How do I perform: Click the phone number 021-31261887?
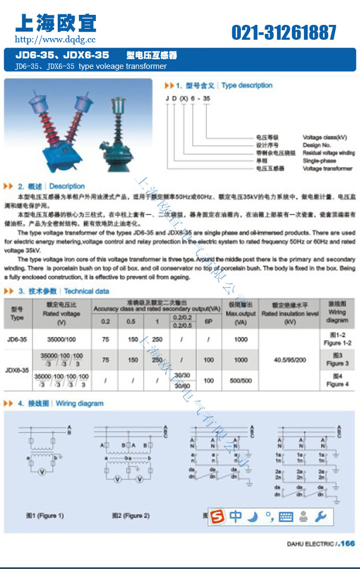[284, 33]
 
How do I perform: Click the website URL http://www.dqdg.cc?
[55, 39]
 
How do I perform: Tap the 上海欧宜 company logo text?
[56, 23]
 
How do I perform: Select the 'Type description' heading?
[247, 85]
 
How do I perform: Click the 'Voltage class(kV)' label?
[325, 137]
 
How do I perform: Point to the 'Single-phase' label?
[319, 160]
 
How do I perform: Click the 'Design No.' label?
[317, 145]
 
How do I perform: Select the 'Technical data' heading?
[86, 291]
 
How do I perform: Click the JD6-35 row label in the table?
[17, 339]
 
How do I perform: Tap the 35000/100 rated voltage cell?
[61, 339]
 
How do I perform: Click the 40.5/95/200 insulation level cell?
[290, 360]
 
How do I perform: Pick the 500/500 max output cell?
[240, 380]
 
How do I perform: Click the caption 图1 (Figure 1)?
[45, 515]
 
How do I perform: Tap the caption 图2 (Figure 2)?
[131, 515]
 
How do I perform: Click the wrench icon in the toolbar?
[320, 516]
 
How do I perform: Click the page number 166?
[347, 543]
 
